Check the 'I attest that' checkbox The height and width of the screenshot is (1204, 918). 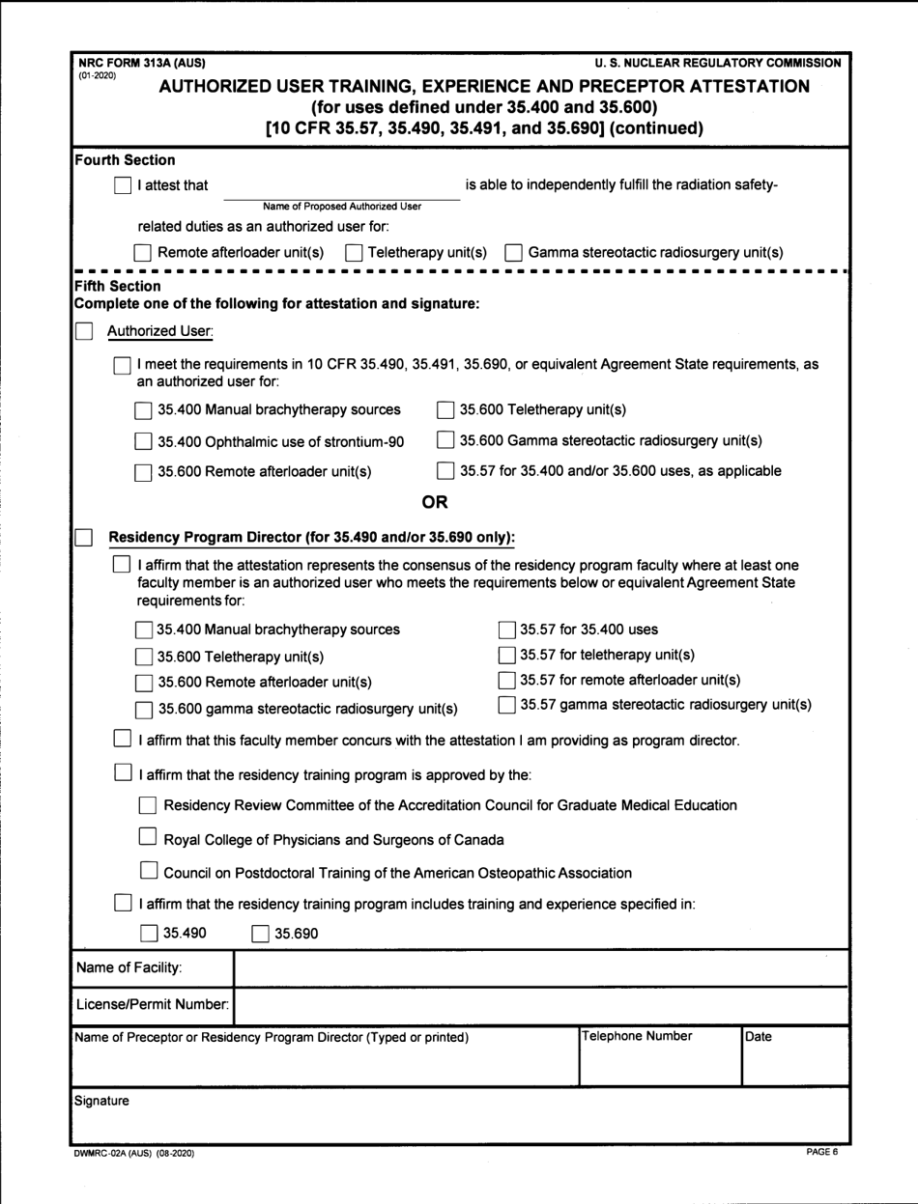[123, 185]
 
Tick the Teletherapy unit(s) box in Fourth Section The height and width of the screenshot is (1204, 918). [354, 253]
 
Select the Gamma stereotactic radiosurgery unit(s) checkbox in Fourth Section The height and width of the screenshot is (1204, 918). [514, 253]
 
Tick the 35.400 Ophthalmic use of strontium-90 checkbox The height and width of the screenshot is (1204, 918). [143, 442]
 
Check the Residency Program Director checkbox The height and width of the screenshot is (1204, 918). [85, 536]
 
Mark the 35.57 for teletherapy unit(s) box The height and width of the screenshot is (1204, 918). [506, 656]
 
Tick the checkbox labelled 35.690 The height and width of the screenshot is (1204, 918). [260, 933]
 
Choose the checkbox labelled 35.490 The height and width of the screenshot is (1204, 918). [148, 933]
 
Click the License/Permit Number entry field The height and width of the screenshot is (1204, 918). [541, 1005]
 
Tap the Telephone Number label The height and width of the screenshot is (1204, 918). [637, 1037]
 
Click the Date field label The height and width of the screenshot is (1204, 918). [759, 1037]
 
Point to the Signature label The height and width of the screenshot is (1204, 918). [101, 1100]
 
